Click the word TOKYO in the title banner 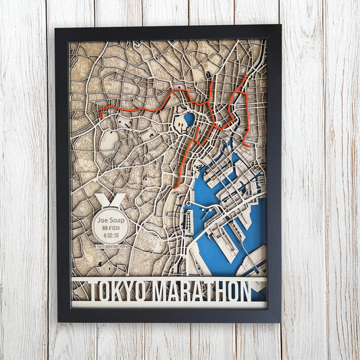(111, 290)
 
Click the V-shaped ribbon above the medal (109, 201)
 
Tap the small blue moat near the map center (188, 120)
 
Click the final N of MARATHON (243, 290)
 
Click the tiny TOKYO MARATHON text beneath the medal (109, 247)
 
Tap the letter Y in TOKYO (125, 290)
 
